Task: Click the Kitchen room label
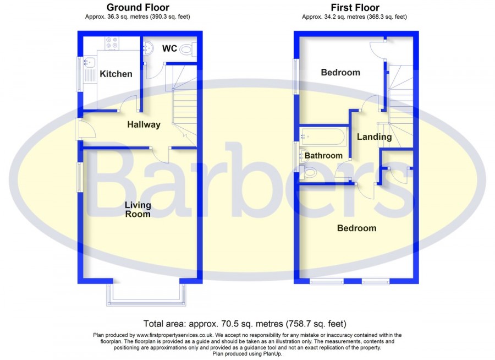click(116, 74)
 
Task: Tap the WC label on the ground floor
click(169, 48)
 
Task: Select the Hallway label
click(144, 124)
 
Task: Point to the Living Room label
click(138, 209)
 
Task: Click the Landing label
click(375, 137)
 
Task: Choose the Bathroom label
click(323, 156)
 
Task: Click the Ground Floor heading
click(138, 7)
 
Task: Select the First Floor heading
click(355, 7)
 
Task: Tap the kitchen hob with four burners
click(112, 43)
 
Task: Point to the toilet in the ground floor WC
click(189, 50)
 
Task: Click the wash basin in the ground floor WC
click(148, 48)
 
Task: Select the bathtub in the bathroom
click(323, 137)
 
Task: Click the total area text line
click(245, 324)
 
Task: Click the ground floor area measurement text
click(137, 17)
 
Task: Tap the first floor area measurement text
click(355, 17)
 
